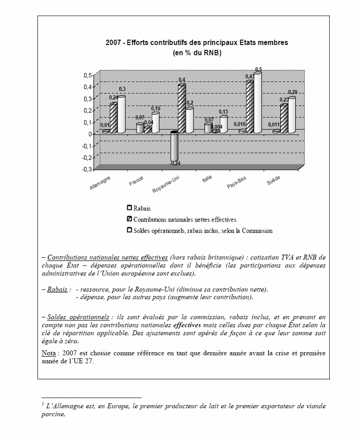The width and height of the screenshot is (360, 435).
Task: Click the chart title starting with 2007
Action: pos(197,43)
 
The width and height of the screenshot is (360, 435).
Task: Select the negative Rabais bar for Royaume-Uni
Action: pos(174,147)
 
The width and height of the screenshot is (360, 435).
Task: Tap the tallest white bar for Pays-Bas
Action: pos(257,103)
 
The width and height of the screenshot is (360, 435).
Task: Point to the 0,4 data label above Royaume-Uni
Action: pos(182,80)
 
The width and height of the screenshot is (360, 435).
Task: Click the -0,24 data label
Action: pos(174,164)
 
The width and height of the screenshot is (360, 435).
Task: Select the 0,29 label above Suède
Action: pos(292,92)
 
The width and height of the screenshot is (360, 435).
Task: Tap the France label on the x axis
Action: pos(136,181)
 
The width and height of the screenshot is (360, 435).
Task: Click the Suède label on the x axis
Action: pos(273,181)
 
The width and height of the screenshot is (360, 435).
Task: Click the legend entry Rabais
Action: pos(142,208)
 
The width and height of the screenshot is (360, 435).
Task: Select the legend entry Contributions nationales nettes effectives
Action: pos(185,219)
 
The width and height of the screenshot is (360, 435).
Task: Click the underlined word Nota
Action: pos(47,353)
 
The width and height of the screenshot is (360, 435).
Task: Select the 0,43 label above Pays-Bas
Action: pos(250,77)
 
